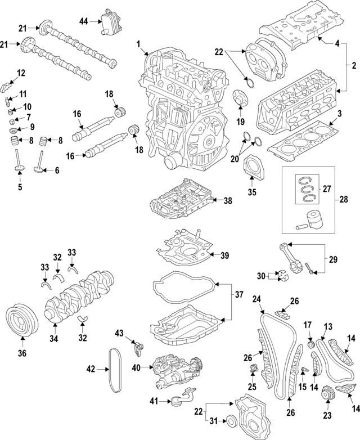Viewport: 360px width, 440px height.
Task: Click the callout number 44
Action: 84,21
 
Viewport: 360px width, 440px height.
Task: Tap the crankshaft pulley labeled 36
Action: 22,321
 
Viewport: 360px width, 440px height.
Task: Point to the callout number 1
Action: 138,43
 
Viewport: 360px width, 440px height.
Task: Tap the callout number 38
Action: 227,200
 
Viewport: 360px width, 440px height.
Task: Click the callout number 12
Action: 21,73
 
